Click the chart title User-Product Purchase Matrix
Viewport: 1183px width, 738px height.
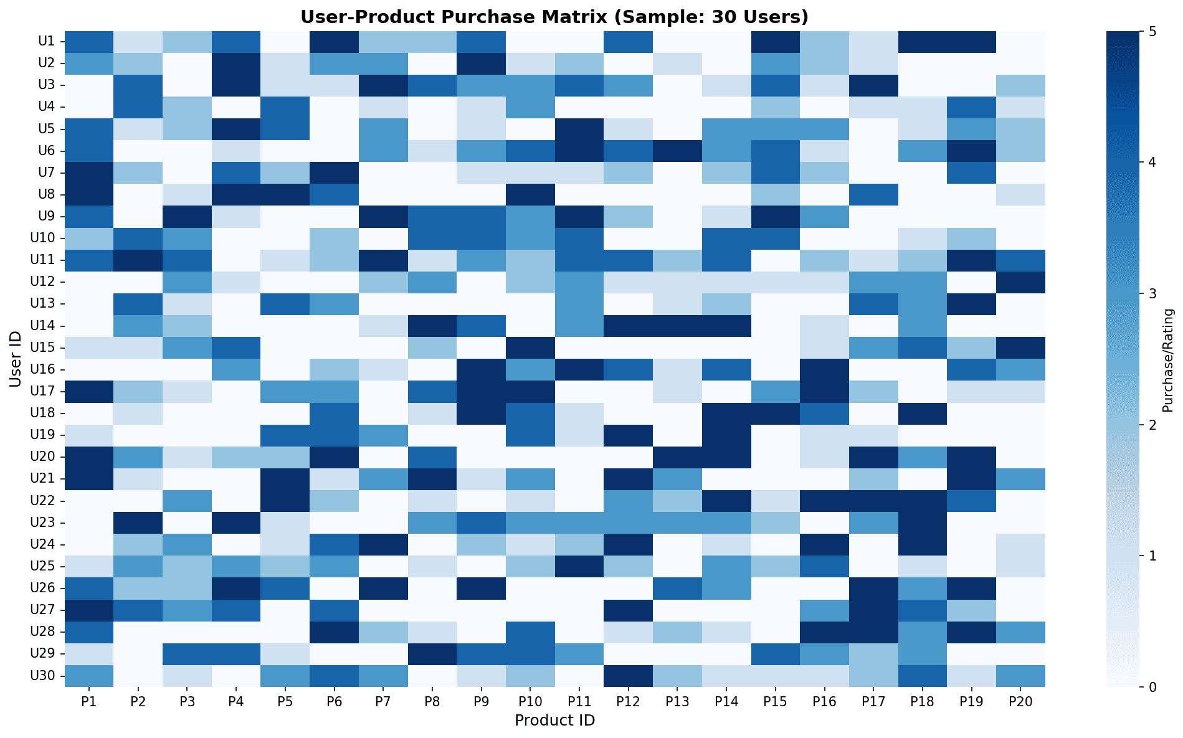coord(554,16)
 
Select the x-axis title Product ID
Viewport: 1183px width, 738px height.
coord(554,721)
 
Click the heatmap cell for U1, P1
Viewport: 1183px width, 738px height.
coord(89,41)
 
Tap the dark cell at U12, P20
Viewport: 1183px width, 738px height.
coord(1020,281)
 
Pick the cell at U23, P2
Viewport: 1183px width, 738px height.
coord(138,523)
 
